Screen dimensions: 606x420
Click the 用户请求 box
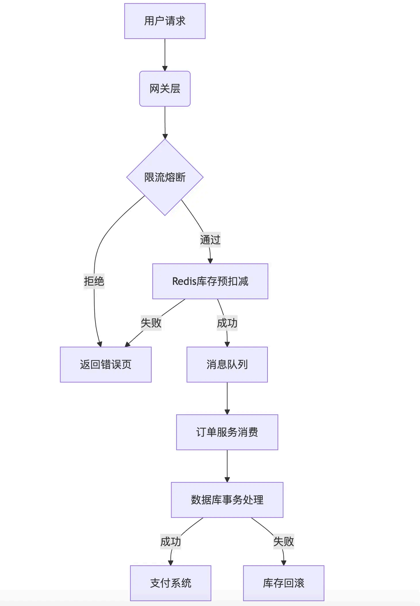[165, 21]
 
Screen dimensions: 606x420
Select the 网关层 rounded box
[165, 89]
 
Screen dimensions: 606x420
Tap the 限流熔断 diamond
[165, 177]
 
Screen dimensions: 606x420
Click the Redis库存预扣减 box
[210, 281]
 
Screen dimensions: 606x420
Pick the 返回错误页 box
[106, 365]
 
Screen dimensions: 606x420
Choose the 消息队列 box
[227, 365]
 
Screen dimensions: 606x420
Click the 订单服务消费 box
[227, 432]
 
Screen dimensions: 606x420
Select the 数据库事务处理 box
[227, 500]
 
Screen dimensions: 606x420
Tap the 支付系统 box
[171, 583]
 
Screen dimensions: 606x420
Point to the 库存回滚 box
[284, 583]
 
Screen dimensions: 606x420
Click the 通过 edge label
[210, 240]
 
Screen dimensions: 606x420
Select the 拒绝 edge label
[94, 281]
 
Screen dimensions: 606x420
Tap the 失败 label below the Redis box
[151, 323]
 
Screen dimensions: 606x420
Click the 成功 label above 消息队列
[227, 323]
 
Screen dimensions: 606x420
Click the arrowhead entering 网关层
[165, 69]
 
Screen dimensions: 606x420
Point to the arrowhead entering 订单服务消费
[227, 412]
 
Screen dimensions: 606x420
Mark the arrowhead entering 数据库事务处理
[227, 480]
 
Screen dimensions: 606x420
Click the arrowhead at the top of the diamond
[165, 136]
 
